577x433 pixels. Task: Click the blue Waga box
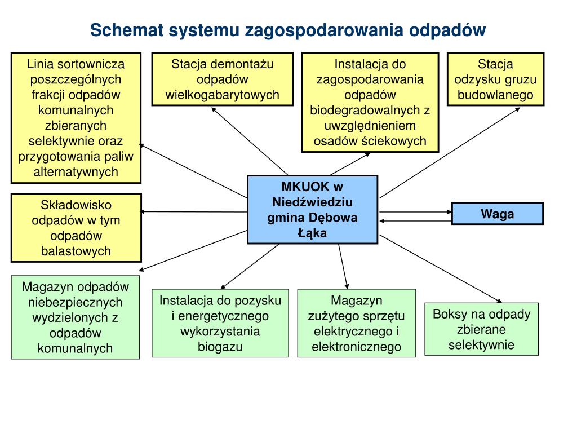pyautogui.click(x=498, y=214)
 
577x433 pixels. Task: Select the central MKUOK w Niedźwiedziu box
pyautogui.click(x=312, y=209)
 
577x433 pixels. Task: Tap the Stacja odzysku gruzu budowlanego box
pyautogui.click(x=495, y=79)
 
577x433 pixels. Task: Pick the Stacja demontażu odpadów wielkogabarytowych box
pyautogui.click(x=223, y=79)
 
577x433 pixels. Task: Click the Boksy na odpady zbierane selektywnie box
pyautogui.click(x=481, y=329)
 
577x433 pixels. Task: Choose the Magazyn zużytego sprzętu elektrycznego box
pyautogui.click(x=356, y=323)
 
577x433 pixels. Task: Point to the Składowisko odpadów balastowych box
pyautogui.click(x=76, y=228)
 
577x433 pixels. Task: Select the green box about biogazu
pyautogui.click(x=220, y=323)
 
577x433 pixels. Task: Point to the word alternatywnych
pyautogui.click(x=76, y=171)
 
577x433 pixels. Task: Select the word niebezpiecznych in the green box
pyautogui.click(x=76, y=302)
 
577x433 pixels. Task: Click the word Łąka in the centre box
pyautogui.click(x=312, y=233)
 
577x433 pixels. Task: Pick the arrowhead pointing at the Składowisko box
pyautogui.click(x=143, y=212)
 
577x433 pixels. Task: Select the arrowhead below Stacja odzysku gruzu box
pyautogui.click(x=517, y=109)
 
